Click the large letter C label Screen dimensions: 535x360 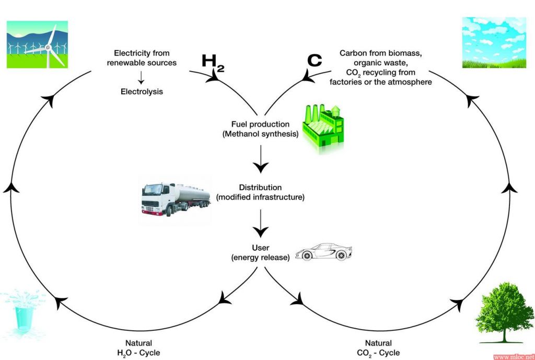point(314,60)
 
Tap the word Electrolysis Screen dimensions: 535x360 point(142,91)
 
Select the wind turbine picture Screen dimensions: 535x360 point(37,44)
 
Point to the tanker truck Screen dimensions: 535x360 point(176,199)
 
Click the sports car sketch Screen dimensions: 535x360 point(323,252)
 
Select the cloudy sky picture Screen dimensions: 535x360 point(494,43)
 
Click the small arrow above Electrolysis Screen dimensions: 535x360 point(141,77)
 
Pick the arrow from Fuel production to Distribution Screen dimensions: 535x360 point(261,159)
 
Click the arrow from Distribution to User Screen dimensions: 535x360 point(261,223)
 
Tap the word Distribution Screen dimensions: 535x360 point(260,188)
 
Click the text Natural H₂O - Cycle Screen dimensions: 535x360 point(138,347)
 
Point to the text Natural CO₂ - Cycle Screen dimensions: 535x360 point(378,347)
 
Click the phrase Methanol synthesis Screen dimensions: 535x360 point(260,134)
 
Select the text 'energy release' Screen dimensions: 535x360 point(260,258)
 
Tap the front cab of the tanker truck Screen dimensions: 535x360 point(155,200)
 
